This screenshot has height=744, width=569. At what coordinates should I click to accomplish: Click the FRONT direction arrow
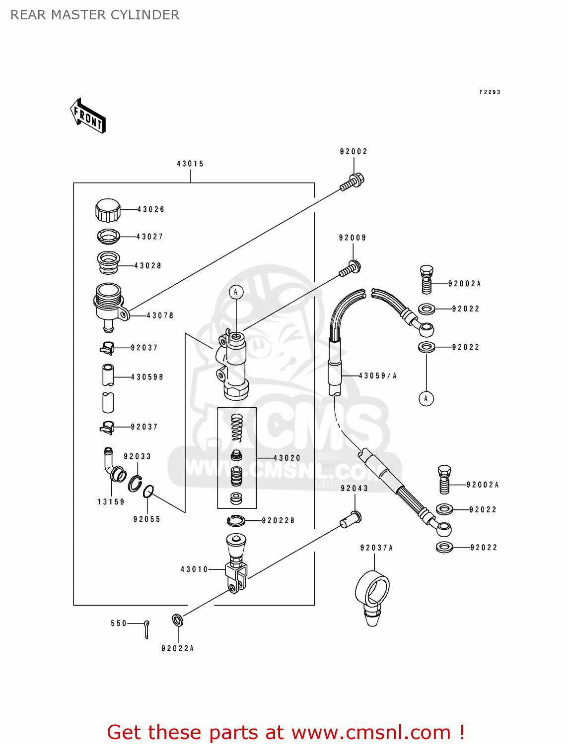tap(88, 116)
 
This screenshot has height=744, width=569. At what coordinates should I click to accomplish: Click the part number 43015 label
tap(190, 164)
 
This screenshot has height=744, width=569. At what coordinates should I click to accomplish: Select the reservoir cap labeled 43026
tap(108, 210)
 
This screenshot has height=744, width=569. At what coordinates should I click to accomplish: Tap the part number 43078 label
tap(160, 315)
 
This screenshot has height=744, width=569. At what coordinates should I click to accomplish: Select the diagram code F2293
tap(490, 92)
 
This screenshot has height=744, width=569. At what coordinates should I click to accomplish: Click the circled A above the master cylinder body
tap(236, 292)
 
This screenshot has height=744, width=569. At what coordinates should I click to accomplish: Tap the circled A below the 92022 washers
tap(426, 398)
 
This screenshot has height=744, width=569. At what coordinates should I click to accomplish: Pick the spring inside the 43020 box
tap(237, 428)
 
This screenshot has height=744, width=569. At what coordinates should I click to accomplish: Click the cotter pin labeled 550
tap(146, 629)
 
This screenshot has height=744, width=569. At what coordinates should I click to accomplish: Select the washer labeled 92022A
tap(177, 620)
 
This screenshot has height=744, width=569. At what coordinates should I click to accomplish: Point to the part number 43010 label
tap(194, 569)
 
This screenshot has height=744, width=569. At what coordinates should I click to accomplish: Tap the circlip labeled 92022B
tap(236, 520)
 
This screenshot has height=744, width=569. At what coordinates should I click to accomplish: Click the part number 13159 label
tap(111, 502)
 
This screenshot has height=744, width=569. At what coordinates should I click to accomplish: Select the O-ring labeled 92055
tap(148, 492)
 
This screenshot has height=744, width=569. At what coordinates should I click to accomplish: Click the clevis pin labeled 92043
tap(351, 519)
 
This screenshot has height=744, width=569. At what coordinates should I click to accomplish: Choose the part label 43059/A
tap(378, 376)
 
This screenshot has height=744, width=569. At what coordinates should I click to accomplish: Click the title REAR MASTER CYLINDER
tap(95, 15)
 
